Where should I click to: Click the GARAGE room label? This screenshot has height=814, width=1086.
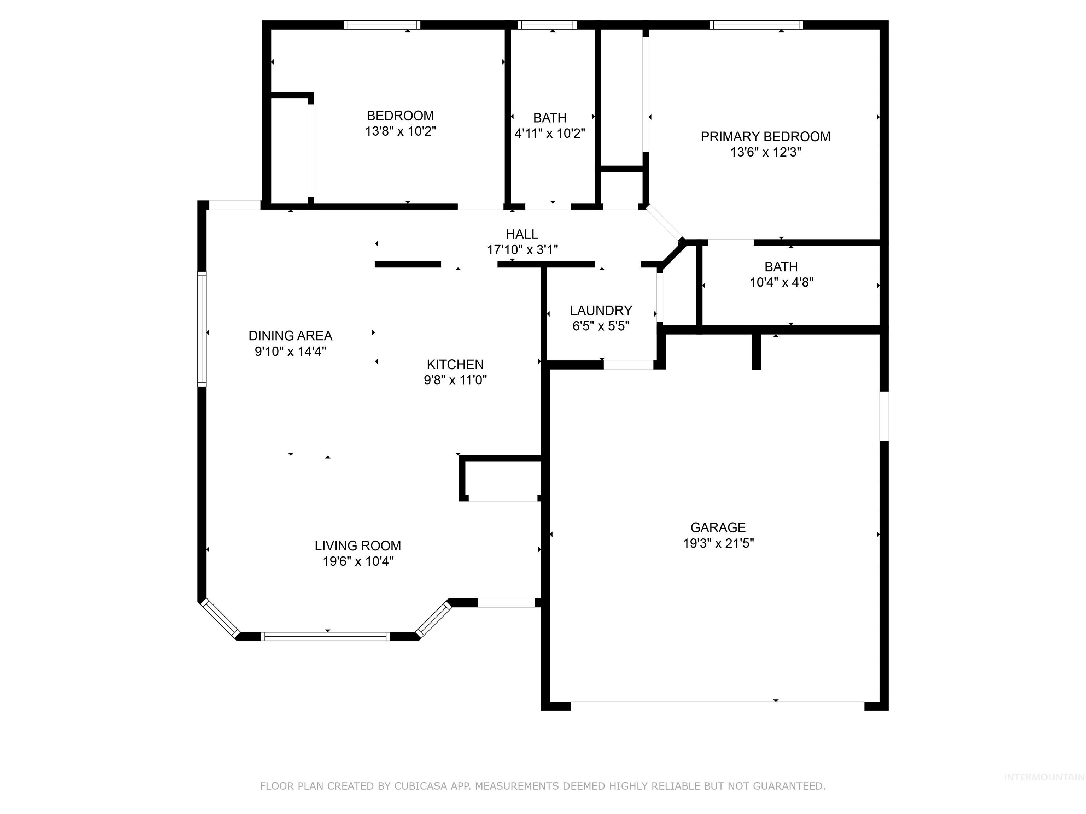[718, 527]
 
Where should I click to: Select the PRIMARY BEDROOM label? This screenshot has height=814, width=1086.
[765, 136]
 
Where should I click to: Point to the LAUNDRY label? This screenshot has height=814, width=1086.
[601, 311]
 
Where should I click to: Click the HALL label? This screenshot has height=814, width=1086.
[522, 234]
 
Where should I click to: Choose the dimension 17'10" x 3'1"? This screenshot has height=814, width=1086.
[522, 250]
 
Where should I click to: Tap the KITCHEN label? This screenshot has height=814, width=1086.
[455, 365]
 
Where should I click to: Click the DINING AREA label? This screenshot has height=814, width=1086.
[290, 336]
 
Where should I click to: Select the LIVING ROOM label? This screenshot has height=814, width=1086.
[358, 545]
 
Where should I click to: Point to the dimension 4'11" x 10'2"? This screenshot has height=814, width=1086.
[550, 134]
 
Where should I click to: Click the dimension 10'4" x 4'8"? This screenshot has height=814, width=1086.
[782, 283]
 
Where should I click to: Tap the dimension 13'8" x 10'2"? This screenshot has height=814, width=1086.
[401, 131]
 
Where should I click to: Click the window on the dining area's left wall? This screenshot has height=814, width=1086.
[202, 329]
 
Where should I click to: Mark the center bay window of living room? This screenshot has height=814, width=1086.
[325, 636]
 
